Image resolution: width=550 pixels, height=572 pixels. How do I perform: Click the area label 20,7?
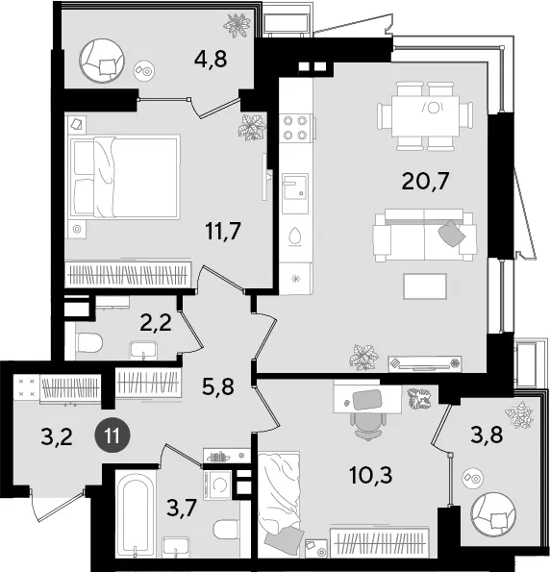[x=425, y=182]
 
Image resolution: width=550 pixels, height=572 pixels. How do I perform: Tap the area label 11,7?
[x=223, y=231]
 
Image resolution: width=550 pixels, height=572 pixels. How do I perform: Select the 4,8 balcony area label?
[x=211, y=59]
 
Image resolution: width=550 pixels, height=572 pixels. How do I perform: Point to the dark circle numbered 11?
[x=112, y=435]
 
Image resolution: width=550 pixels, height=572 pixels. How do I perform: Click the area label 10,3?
[x=371, y=475]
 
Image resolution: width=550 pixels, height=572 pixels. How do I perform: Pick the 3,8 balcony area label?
[x=487, y=435]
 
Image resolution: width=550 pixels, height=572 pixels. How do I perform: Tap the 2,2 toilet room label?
[x=156, y=322]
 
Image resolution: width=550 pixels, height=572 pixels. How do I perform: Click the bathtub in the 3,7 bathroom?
[x=136, y=513]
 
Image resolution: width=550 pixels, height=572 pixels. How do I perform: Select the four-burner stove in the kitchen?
[x=296, y=128]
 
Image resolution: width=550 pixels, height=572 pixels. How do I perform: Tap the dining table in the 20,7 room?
[x=425, y=116]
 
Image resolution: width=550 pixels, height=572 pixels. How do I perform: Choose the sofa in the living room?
[x=424, y=235]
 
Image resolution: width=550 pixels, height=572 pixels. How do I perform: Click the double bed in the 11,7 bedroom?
[x=124, y=177]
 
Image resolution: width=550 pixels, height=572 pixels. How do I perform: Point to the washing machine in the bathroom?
[x=218, y=485]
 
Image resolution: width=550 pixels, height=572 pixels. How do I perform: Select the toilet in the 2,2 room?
[x=89, y=342]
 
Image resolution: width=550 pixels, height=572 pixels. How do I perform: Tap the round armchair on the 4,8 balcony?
[x=102, y=61]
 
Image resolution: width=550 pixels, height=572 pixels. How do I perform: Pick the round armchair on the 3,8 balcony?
[x=493, y=514]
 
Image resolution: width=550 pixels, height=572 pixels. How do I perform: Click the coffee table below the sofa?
[x=425, y=286]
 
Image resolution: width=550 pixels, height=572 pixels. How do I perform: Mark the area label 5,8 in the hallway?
[x=218, y=385]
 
